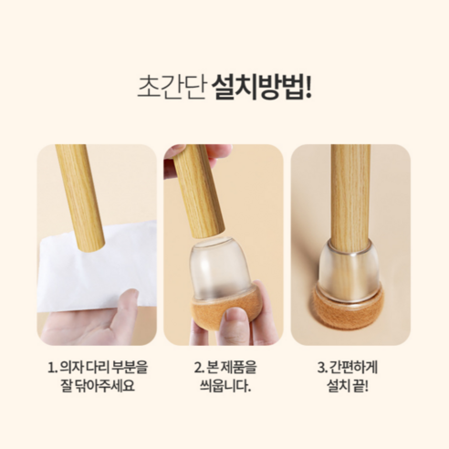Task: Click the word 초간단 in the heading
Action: coord(172,88)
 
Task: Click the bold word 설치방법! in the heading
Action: coord(262,88)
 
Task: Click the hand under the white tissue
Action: coord(94,322)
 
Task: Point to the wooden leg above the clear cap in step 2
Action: coord(198,192)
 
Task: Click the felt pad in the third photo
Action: coord(350,310)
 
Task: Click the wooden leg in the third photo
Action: coord(350,198)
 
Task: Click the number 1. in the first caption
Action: coord(52,368)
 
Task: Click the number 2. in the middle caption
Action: coord(199,368)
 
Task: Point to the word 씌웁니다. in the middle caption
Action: coord(225,386)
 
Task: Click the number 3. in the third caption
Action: coord(322,368)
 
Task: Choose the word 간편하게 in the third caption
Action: coord(353,368)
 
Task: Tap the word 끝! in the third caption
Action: coord(361,386)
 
